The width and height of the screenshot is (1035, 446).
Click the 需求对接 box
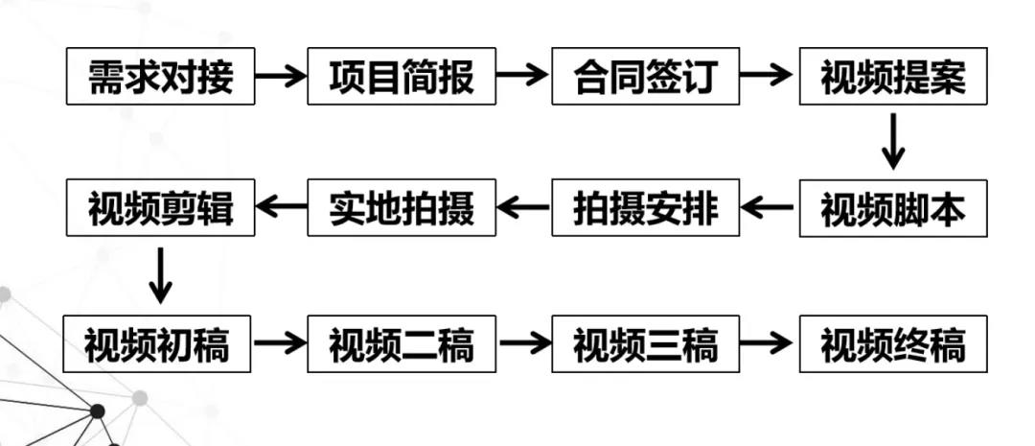click(x=160, y=76)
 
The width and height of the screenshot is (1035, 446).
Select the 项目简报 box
click(x=402, y=76)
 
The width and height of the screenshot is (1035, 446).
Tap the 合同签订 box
click(x=646, y=76)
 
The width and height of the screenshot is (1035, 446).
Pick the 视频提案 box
click(x=893, y=76)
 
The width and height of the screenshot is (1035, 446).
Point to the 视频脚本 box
click(x=893, y=208)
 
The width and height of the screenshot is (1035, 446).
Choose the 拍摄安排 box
click(x=646, y=207)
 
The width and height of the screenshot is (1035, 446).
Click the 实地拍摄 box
click(x=402, y=207)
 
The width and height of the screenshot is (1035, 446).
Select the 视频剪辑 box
click(x=160, y=207)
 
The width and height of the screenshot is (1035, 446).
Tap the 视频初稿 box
click(x=157, y=343)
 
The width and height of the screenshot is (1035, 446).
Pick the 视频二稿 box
click(x=402, y=343)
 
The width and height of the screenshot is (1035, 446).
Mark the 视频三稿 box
click(x=646, y=343)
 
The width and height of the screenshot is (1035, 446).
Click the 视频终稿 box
click(x=893, y=343)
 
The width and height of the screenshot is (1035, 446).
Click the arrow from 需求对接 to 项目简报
click(x=281, y=76)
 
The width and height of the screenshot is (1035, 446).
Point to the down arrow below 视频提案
click(x=893, y=141)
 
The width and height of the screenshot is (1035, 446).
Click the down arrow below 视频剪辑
click(x=160, y=275)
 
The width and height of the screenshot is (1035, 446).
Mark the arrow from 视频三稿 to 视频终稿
click(x=766, y=342)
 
